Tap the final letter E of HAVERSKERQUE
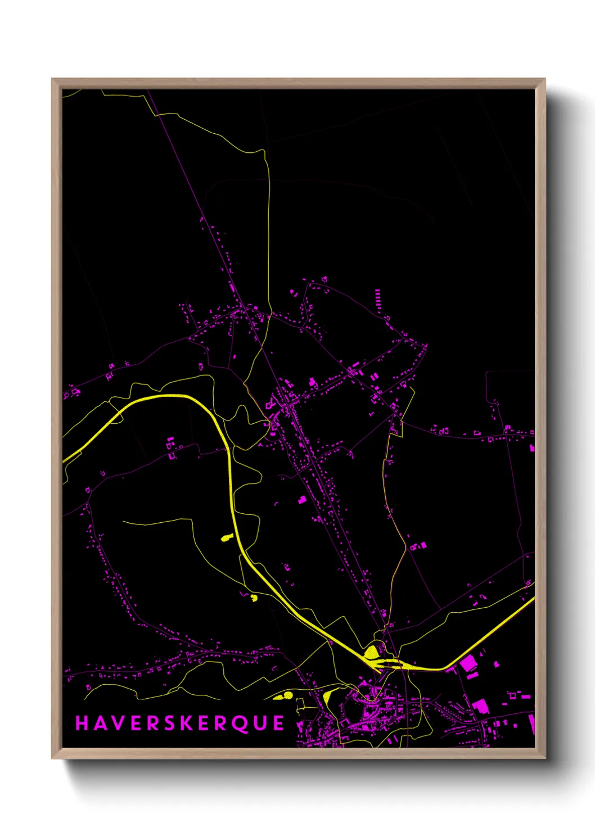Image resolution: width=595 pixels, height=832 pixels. tap(280, 723)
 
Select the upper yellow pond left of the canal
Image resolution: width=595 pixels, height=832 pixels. tap(226, 538)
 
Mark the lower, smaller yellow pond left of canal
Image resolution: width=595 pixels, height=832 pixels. tap(254, 598)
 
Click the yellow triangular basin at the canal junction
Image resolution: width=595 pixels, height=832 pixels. tap(371, 653)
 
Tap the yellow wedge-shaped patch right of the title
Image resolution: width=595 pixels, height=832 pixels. tap(327, 698)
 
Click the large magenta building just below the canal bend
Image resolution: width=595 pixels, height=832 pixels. tap(468, 664)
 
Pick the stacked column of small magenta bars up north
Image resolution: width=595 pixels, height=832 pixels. tap(377, 300)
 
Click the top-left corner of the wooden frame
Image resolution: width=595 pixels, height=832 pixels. tap(52, 79)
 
